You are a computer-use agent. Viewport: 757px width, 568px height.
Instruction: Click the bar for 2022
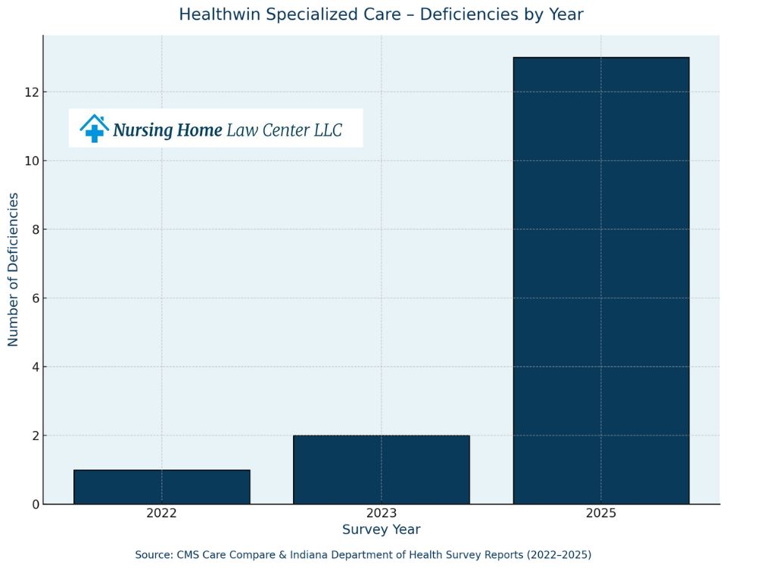pos(161,487)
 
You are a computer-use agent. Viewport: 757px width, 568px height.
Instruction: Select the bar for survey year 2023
pos(381,470)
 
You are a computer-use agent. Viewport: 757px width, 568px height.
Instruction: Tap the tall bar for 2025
pos(601,280)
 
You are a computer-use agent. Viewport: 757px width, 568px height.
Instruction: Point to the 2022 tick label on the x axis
pos(161,513)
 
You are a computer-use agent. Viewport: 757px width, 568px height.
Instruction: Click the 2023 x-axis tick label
pos(381,513)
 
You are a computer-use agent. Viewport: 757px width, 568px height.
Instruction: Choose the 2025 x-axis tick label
pos(601,513)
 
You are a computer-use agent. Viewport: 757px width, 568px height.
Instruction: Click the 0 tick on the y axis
pos(35,504)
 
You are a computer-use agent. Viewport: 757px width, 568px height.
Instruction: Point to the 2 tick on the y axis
pos(35,435)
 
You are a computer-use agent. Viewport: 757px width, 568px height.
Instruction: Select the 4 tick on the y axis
pos(35,367)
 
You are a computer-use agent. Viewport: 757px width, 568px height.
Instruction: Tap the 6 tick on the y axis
pos(35,298)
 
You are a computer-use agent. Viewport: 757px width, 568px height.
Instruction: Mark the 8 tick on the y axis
pos(35,229)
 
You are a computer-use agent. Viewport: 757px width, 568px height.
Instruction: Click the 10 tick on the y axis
pos(32,161)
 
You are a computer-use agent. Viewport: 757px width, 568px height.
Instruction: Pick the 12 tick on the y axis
pos(32,92)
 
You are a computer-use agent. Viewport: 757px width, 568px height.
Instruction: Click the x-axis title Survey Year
pos(381,530)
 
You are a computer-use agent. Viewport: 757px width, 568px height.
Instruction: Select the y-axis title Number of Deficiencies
pos(13,270)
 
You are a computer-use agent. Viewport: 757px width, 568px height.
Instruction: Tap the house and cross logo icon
pos(94,128)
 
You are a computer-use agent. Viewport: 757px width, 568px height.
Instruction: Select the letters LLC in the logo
pos(328,130)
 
